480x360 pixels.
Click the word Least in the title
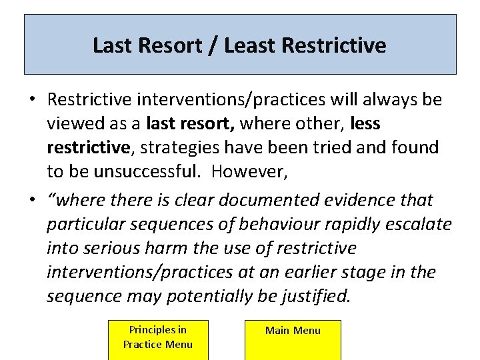click(x=251, y=45)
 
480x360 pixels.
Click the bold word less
click(x=364, y=124)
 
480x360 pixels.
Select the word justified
click(x=317, y=296)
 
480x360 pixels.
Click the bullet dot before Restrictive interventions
click(x=32, y=100)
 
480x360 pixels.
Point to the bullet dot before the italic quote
click(x=32, y=200)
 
